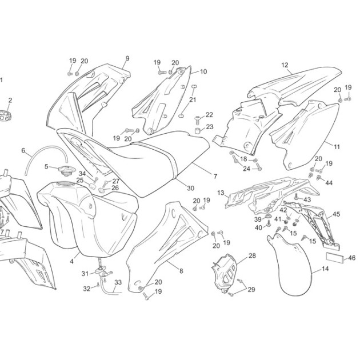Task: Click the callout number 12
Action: tap(285, 65)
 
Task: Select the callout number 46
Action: tap(351, 258)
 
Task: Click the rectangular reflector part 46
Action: tap(335, 258)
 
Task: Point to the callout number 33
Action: tap(118, 282)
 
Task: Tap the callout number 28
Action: tap(252, 255)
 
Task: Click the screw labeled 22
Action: tap(197, 118)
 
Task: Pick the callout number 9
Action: tap(127, 58)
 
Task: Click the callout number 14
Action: tap(325, 269)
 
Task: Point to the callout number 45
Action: tap(336, 214)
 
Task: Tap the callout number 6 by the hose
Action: tap(23, 150)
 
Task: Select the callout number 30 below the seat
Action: tap(190, 188)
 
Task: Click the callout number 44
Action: tap(329, 183)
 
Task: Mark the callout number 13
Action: tap(221, 193)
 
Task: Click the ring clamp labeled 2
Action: tap(5, 115)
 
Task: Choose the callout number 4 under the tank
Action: tap(71, 261)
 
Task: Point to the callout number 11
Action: tap(337, 147)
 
